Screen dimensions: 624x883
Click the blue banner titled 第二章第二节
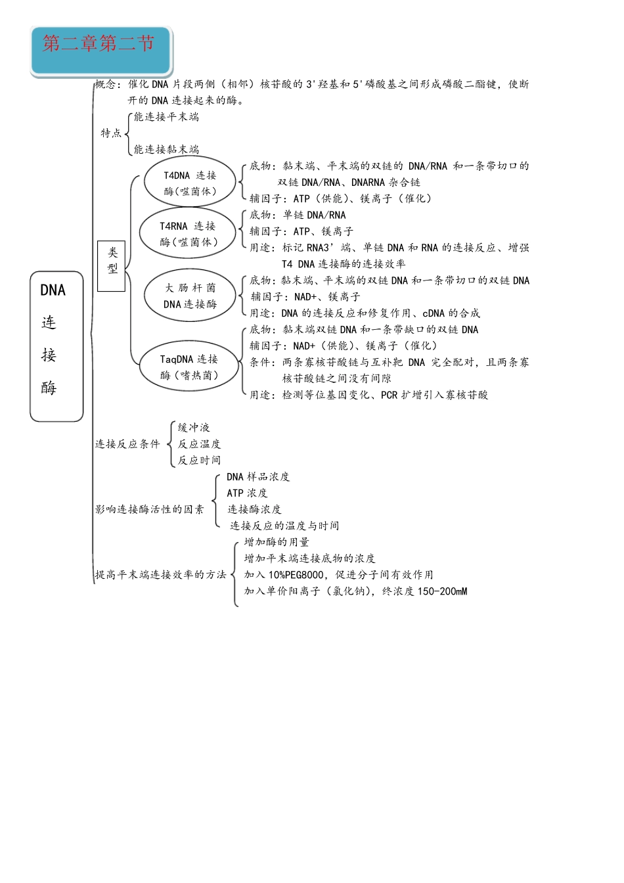pos(100,50)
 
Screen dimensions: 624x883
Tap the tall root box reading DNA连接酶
pos(56,346)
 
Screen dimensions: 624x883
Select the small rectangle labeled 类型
pos(111,265)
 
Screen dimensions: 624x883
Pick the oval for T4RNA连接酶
pos(188,233)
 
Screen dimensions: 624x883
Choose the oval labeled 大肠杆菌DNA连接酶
pos(190,296)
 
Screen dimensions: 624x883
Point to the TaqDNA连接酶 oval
pos(189,367)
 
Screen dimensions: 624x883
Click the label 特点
pos(111,133)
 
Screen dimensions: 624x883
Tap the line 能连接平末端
pos(166,117)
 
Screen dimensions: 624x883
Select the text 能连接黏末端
pos(166,150)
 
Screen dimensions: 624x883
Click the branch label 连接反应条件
pos(127,444)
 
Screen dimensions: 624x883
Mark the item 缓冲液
pos(194,428)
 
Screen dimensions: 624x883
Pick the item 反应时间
pos(199,461)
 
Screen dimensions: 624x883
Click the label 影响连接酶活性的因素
pos(150,509)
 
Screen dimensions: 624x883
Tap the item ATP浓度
pos(247,493)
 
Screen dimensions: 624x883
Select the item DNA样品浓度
pos(258,476)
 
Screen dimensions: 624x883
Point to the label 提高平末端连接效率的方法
pos(161,575)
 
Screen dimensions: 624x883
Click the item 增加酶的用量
pos(277,542)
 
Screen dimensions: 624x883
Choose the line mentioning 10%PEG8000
pos(338,575)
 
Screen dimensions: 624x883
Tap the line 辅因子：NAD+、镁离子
pos(305,297)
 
